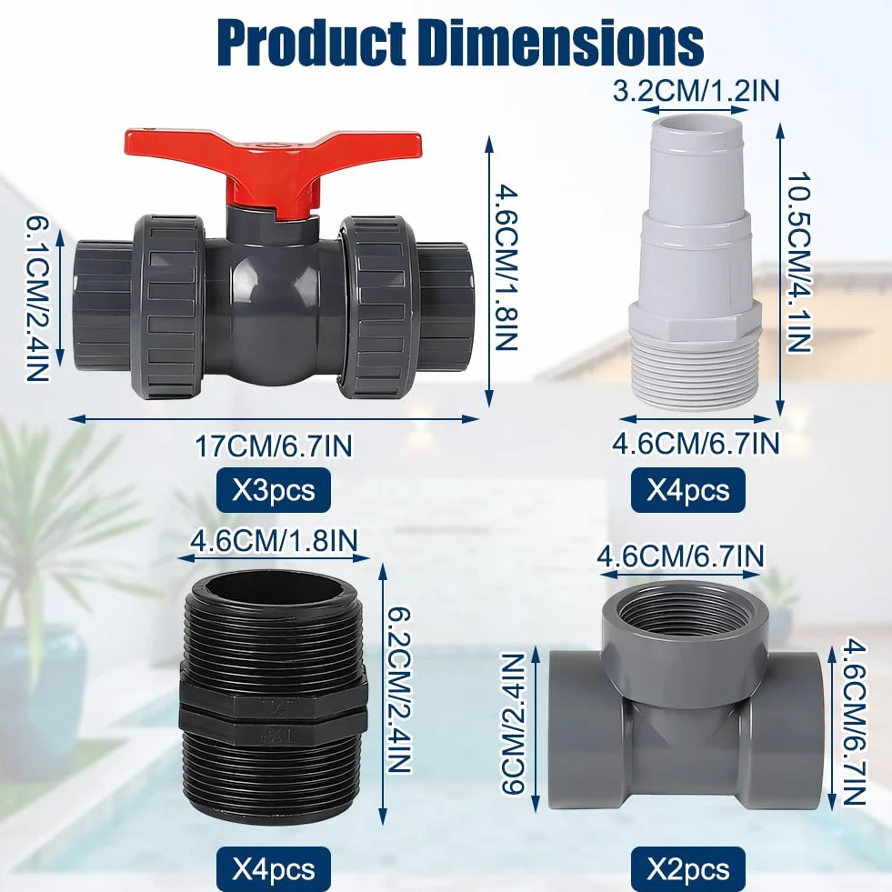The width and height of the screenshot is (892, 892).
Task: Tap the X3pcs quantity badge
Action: [x=274, y=490]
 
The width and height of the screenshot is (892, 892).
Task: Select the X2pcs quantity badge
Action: [x=687, y=868]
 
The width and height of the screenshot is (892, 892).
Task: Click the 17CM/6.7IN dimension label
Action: [x=274, y=446]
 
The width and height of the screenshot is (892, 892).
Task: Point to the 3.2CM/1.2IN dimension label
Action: [x=696, y=91]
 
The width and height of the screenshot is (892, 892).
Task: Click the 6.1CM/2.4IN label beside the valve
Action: [x=36, y=300]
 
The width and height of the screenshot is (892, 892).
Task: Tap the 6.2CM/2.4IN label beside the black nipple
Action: [x=399, y=690]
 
